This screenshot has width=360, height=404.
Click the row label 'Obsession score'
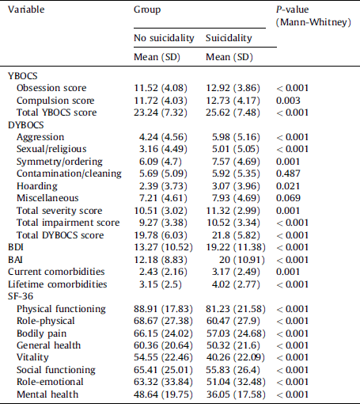pos(51,87)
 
